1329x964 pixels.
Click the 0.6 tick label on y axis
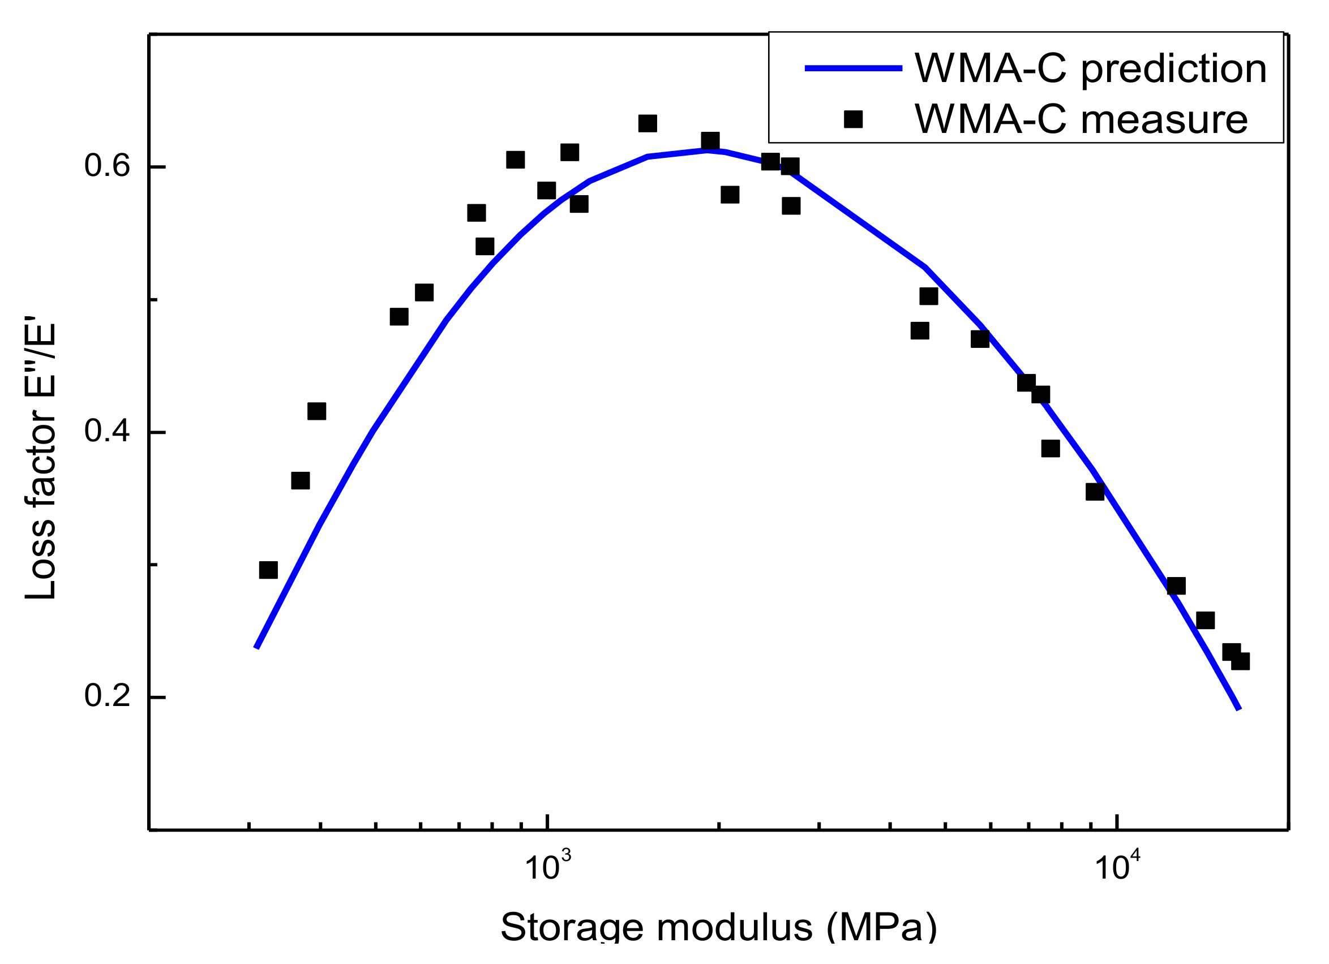106,166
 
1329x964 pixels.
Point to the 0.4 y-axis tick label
106,432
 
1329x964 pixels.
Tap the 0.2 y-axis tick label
106,696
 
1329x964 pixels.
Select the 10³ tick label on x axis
547,867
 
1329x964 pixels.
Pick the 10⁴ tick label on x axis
1117,867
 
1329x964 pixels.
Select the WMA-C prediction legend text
1091,68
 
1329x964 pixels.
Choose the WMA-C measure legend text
1081,119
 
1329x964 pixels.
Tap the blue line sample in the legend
853,68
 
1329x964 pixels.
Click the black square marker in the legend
853,119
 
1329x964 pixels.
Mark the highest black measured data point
648,123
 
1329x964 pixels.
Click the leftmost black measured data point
268,570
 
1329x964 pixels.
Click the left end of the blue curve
256,648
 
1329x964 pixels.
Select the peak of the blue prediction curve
708,150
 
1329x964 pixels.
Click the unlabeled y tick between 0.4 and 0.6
155,300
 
